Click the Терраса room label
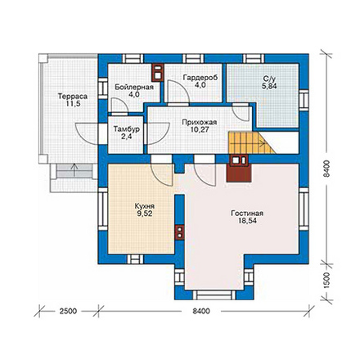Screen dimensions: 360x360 pos(73,97)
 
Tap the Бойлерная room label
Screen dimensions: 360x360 pos(134,88)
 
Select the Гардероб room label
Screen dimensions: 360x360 pos(200,78)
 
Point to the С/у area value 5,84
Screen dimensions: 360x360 pos(268,87)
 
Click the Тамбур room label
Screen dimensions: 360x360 pos(127,128)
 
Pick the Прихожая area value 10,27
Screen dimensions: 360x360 pos(200,129)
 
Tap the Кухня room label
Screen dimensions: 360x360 pos(145,206)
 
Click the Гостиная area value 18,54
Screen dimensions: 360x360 pos(247,221)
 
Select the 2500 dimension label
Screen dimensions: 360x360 pos(68,311)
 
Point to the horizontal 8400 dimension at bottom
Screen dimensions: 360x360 pos(201,311)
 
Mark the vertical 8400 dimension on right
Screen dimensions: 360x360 pos(326,169)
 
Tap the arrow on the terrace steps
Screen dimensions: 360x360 pos(74,170)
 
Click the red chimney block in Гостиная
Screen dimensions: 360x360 pos(239,169)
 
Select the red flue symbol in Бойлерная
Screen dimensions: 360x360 pos(158,73)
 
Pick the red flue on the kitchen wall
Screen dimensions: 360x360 pos(180,232)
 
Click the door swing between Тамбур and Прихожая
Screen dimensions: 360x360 pos(159,133)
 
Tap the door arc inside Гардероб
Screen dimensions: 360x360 pos(178,92)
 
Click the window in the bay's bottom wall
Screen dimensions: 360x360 pos(214,295)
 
